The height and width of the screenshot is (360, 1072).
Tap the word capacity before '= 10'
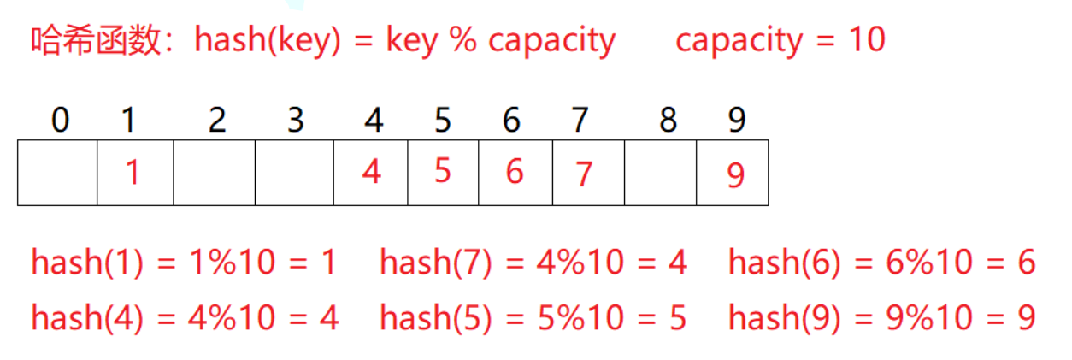[740, 40]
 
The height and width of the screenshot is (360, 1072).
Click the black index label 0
[59, 121]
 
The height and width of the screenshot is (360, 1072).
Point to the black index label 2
[217, 121]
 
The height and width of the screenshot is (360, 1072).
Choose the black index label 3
[296, 121]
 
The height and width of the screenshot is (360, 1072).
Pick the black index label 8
[668, 121]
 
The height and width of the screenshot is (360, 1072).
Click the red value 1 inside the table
[132, 173]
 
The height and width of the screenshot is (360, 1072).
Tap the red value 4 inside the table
[371, 172]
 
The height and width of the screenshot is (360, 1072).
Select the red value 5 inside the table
[442, 171]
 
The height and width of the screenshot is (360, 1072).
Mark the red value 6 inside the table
[514, 172]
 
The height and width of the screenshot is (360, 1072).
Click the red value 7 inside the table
[584, 174]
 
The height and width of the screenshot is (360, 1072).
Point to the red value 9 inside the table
[735, 175]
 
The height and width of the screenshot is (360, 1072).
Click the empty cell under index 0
[57, 173]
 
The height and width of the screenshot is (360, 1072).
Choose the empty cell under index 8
[660, 173]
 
